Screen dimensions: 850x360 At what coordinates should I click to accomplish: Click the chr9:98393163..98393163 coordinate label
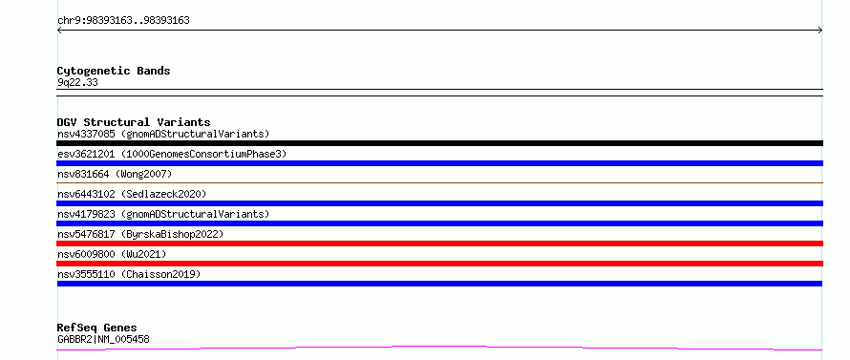(123, 21)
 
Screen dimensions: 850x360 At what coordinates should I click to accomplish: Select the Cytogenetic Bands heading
(114, 71)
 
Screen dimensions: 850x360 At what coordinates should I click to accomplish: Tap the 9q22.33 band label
(77, 83)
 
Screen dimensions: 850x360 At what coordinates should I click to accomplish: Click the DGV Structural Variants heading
(134, 122)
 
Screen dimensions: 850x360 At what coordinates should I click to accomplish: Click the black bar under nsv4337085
(439, 143)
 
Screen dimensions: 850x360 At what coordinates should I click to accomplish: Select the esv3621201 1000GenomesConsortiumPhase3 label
(172, 154)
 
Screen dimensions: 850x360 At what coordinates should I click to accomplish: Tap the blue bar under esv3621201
(439, 163)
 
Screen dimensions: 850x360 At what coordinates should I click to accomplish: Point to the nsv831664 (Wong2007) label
(115, 174)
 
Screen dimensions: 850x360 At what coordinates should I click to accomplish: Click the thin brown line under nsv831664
(439, 183)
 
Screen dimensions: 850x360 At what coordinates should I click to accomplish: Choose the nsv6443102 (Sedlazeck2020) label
(132, 194)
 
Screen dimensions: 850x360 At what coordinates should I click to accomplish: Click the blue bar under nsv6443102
(439, 203)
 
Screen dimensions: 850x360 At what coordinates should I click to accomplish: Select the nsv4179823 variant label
(163, 214)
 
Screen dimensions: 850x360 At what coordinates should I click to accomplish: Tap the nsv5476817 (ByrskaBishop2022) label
(140, 234)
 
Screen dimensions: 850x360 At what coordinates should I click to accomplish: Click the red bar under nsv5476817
(439, 244)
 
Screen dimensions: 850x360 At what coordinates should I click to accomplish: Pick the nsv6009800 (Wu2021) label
(112, 254)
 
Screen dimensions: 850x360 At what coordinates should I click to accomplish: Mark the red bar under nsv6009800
(439, 264)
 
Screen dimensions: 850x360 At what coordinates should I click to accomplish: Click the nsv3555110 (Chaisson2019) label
(129, 274)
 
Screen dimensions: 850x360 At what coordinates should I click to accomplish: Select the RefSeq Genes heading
(97, 328)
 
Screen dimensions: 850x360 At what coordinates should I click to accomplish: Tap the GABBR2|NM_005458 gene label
(103, 339)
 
